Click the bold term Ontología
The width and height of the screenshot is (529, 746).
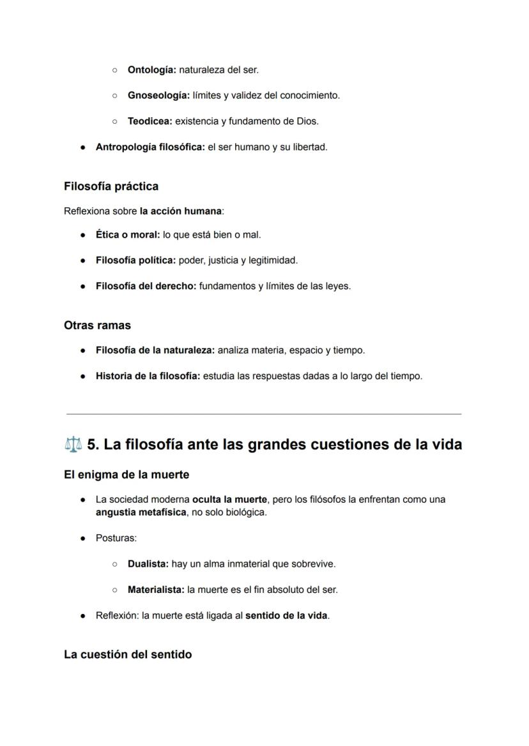click(151, 70)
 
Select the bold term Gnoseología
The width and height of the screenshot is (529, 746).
click(158, 95)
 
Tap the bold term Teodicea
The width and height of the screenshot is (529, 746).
click(150, 121)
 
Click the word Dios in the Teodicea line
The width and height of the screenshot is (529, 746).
click(307, 121)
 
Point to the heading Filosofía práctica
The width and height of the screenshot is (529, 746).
click(111, 186)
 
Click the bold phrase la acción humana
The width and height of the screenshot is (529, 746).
click(180, 211)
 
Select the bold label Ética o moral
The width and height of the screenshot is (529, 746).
click(128, 234)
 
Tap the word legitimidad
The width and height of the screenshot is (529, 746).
click(273, 260)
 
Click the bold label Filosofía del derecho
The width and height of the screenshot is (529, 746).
click(146, 286)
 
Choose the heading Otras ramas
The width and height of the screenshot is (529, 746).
click(97, 325)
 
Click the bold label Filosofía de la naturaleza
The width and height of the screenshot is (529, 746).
click(155, 350)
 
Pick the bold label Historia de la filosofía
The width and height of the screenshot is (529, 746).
click(148, 376)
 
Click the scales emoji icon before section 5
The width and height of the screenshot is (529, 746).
click(73, 444)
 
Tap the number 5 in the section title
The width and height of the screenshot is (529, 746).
click(92, 444)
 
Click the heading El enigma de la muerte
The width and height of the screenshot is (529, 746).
click(126, 475)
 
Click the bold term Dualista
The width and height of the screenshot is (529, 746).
click(148, 563)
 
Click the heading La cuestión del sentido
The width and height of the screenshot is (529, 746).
click(128, 655)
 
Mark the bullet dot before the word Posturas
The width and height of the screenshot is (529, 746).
click(83, 539)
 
